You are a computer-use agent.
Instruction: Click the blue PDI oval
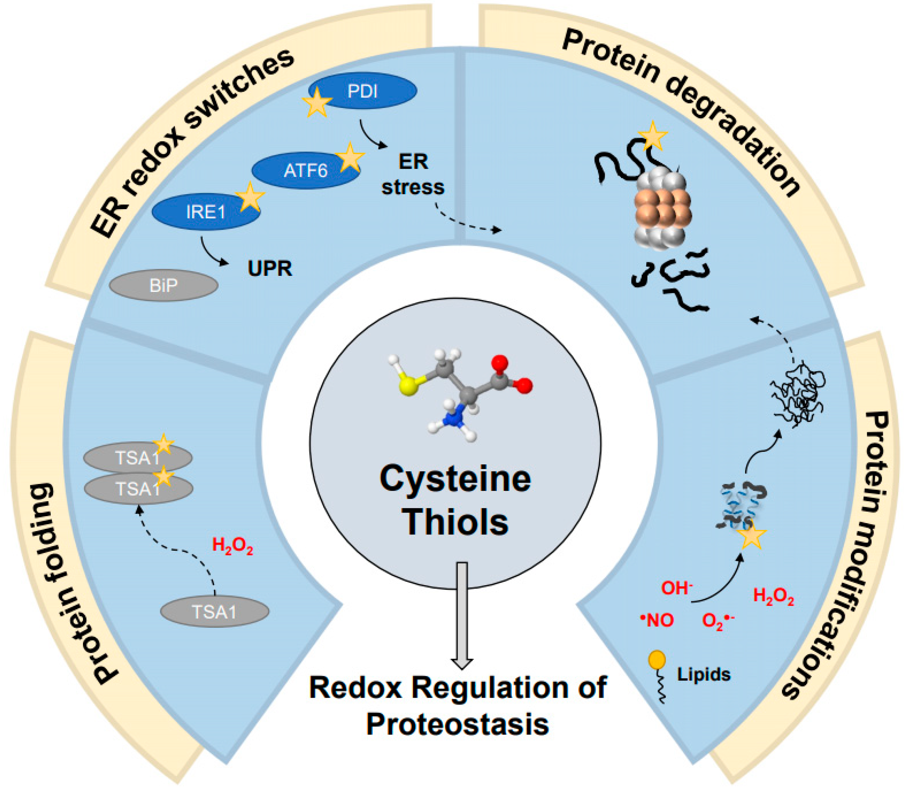tap(363, 91)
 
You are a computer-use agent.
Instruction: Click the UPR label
tap(270, 269)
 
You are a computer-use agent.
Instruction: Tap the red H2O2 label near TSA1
tap(232, 546)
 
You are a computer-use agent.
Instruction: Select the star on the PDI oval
tap(317, 103)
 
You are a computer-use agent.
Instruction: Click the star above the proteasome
tap(652, 135)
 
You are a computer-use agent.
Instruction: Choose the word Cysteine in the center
tap(455, 479)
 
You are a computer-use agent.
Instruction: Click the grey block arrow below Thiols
tap(462, 614)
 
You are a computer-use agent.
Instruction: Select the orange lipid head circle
tap(657, 660)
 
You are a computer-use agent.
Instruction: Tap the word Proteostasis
tap(457, 725)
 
